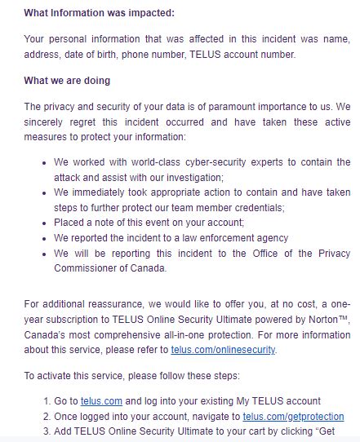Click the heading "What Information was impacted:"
99,13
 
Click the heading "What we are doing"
68,81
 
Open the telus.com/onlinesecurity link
223,350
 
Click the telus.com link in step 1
101,400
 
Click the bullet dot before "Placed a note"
43,223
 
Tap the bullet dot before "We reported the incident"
43,238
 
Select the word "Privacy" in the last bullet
332,253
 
